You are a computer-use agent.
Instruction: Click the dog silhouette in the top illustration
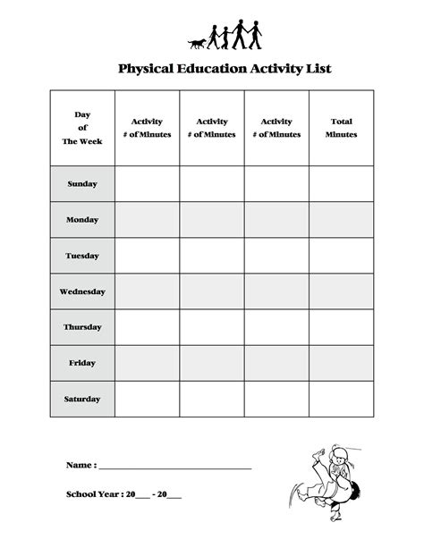tap(198, 42)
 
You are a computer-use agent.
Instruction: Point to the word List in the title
tap(319, 68)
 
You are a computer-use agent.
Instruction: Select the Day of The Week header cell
tap(82, 128)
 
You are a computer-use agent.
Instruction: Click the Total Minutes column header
tap(341, 128)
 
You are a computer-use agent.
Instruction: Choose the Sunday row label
tap(82, 184)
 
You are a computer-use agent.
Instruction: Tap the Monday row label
tap(82, 220)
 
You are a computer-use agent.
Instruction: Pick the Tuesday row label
tap(82, 256)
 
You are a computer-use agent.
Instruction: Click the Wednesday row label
tap(82, 291)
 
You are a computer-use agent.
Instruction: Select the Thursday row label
tap(82, 327)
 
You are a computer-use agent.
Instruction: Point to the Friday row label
tap(82, 363)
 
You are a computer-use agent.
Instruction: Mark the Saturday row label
tap(82, 399)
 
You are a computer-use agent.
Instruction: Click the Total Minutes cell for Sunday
tap(341, 184)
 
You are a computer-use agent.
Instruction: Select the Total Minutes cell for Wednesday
tap(341, 291)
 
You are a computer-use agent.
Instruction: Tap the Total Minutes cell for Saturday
tap(341, 399)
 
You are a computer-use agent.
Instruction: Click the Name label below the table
tap(81, 466)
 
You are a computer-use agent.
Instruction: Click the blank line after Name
tap(174, 468)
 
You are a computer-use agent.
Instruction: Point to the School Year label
tap(94, 493)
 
